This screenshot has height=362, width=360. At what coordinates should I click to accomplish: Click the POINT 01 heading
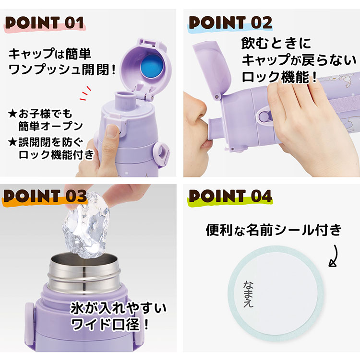pos(45,23)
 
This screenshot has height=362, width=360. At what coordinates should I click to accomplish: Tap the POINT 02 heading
pos(230,23)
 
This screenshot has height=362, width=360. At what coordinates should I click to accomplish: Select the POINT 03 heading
pos(45,197)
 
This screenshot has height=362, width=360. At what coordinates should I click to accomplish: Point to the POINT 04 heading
pos(230,197)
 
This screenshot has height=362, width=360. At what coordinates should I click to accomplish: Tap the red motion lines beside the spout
pos(85,93)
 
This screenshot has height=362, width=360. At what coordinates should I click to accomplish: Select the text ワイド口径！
pos(109,325)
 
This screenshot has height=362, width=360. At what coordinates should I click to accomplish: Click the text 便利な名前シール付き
pos(274,230)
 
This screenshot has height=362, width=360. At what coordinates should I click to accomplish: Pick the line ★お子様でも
pos(40,113)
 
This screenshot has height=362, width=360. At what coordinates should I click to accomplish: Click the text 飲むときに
pos(276,43)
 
